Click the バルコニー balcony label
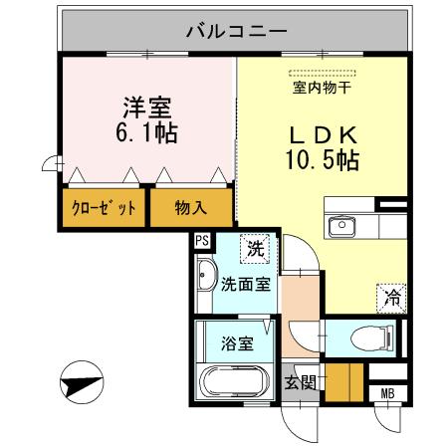pyautogui.click(x=235, y=30)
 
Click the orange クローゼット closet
pyautogui.click(x=104, y=208)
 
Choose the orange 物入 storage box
pyautogui.click(x=191, y=208)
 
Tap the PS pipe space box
pyautogui.click(x=202, y=240)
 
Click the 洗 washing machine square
pyautogui.click(x=255, y=249)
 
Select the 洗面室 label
pyautogui.click(x=245, y=283)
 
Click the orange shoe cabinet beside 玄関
pyautogui.click(x=343, y=382)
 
